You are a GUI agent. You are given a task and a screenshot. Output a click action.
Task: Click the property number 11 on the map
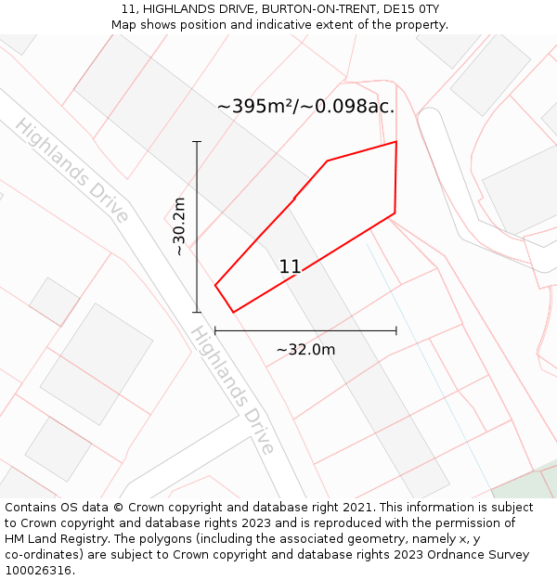point(290,267)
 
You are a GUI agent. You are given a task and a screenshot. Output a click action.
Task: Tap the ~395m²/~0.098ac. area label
point(305,107)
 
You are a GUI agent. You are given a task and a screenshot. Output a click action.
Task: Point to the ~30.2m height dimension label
point(179,226)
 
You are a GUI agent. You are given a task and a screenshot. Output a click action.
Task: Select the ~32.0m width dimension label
point(305,350)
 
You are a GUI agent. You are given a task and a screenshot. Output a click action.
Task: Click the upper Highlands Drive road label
point(71,171)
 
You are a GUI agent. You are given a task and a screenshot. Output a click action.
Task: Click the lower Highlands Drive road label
point(233,390)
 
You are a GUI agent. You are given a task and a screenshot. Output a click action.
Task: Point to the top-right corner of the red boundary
point(396,142)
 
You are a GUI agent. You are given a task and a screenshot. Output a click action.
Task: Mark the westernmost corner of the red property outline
point(215,285)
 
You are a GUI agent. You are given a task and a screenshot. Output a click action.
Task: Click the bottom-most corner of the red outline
point(233,312)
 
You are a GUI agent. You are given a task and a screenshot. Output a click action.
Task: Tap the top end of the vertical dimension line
point(197,142)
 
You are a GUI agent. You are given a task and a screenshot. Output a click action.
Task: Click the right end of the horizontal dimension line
point(396,330)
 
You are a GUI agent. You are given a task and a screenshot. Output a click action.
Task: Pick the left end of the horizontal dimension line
point(215,330)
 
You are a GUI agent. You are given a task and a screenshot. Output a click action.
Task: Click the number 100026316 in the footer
point(37,571)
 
